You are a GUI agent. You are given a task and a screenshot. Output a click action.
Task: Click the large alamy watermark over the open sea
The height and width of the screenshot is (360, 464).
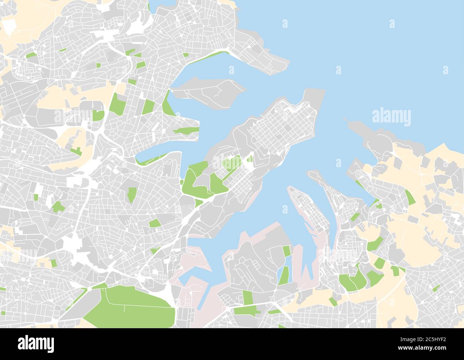coord(391,117)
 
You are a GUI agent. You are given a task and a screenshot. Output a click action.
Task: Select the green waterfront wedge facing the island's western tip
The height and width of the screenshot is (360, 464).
coord(166,104)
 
